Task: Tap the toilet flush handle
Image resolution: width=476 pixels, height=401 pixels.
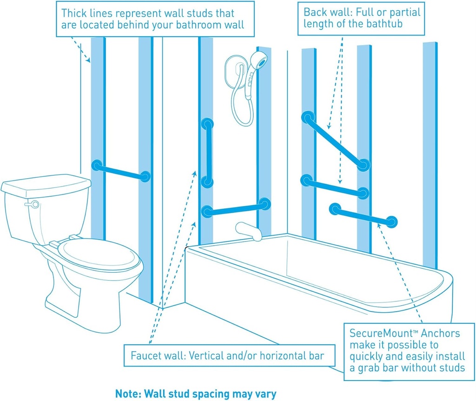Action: (33, 204)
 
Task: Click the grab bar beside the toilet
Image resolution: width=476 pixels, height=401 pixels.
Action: (121, 170)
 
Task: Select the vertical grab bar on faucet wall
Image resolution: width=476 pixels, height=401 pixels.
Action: (207, 153)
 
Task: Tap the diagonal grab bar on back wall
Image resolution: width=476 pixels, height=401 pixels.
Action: (335, 140)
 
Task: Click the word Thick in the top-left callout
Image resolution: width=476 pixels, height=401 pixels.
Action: (75, 13)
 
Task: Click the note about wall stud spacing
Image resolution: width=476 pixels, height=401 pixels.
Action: (196, 394)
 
